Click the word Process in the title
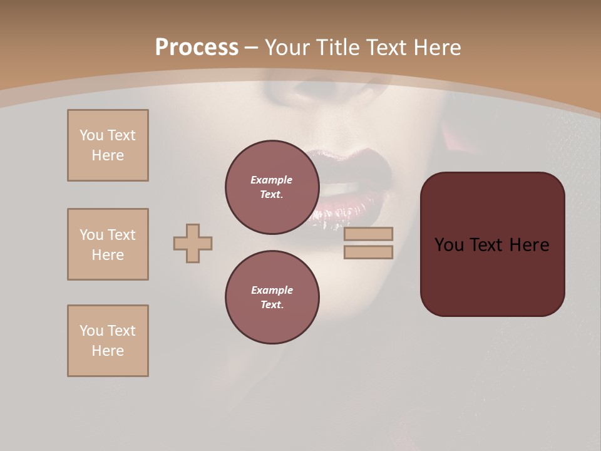pyautogui.click(x=197, y=48)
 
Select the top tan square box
pyautogui.click(x=108, y=145)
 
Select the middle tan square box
pyautogui.click(x=108, y=244)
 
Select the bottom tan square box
pyautogui.click(x=108, y=341)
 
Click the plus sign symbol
pyautogui.click(x=193, y=243)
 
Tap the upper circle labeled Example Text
pyautogui.click(x=272, y=187)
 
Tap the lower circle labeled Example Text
pyautogui.click(x=272, y=297)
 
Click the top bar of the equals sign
pyautogui.click(x=368, y=234)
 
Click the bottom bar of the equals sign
pyautogui.click(x=368, y=252)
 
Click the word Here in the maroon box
pyautogui.click(x=529, y=245)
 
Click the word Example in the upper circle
pyautogui.click(x=271, y=180)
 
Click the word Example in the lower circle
pyautogui.click(x=272, y=290)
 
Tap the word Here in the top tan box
pyautogui.click(x=108, y=155)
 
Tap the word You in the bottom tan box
pyautogui.click(x=91, y=331)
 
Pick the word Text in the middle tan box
pyautogui.click(x=121, y=235)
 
